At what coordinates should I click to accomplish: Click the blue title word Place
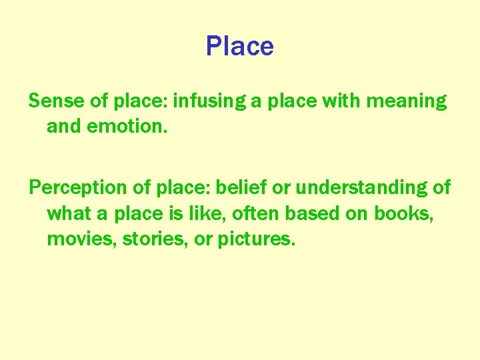pos(239,46)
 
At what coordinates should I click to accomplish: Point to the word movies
pos(72,239)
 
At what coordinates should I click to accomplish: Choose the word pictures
pos(255,239)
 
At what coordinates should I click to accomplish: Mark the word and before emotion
pos(62,126)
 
